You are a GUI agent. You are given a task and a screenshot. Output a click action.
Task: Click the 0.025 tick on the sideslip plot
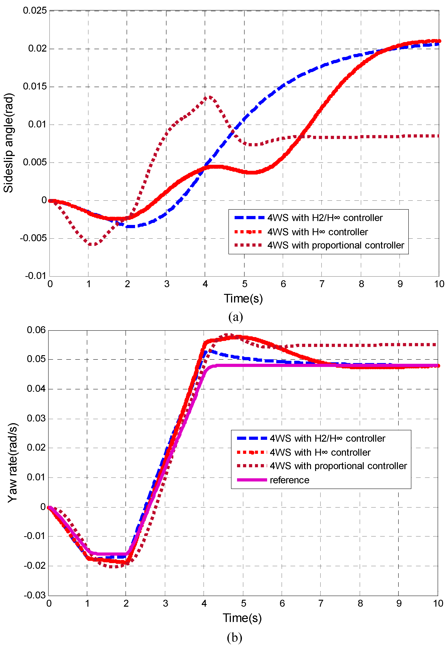(x=35, y=11)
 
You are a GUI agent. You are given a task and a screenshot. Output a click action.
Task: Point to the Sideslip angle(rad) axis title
(x=8, y=143)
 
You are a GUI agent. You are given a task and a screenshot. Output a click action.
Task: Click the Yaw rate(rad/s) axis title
(x=12, y=463)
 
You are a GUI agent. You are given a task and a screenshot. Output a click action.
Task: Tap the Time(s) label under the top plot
(x=243, y=299)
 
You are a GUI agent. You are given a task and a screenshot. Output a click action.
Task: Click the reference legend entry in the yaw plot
(x=289, y=480)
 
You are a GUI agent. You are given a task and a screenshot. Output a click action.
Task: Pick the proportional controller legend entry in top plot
(x=335, y=245)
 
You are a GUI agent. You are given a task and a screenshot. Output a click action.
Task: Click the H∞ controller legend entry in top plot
(x=317, y=232)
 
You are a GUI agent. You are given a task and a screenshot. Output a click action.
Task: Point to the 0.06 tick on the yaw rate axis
(x=36, y=330)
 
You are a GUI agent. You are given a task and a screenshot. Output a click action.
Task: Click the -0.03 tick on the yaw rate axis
(x=34, y=595)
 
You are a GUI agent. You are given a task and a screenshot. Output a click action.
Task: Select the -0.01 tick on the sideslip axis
(x=35, y=276)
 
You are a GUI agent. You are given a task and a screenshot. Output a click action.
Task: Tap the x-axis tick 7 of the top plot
(x=322, y=284)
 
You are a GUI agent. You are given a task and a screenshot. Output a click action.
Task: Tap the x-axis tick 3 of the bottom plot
(x=165, y=603)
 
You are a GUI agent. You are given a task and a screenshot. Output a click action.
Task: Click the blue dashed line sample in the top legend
(x=249, y=218)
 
